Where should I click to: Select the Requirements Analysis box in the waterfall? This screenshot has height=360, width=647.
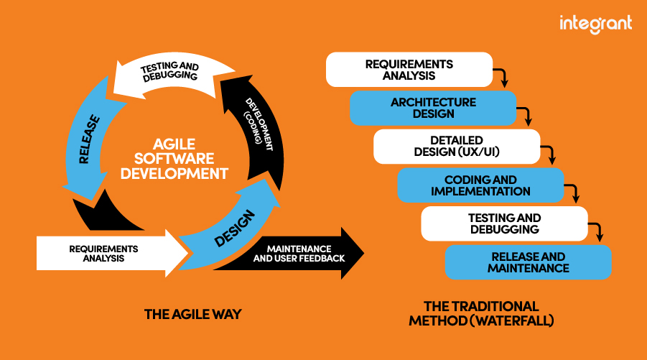[409, 69]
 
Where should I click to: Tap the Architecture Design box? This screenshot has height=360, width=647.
[433, 108]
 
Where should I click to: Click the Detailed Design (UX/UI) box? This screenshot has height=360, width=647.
[456, 147]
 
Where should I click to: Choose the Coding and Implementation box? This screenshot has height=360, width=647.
[480, 185]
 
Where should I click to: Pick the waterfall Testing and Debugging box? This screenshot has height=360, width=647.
[504, 223]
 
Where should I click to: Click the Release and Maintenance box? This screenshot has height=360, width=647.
[528, 262]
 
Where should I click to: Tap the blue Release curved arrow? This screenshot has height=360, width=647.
[84, 144]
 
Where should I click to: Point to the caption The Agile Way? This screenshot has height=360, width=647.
[192, 314]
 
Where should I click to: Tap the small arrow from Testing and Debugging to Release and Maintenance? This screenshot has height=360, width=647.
[598, 231]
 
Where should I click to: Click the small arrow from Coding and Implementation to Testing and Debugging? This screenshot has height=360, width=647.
[574, 193]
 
